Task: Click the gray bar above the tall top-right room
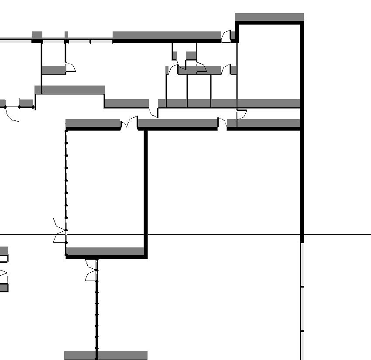point(269,17)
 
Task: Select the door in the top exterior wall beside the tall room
point(226,36)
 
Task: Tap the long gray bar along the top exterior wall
point(167,35)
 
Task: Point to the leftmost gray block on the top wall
point(37,35)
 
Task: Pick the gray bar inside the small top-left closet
point(53,69)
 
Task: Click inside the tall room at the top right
point(269,61)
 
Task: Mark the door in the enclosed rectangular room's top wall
point(129,123)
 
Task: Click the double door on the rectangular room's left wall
point(59,230)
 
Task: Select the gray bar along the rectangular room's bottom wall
point(106,251)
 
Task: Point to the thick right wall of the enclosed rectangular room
point(145,192)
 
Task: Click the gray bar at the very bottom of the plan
point(106,355)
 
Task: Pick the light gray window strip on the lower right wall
point(302,301)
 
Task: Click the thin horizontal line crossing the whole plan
point(218,235)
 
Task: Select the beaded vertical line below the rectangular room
point(96,314)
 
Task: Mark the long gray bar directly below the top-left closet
point(70,90)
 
